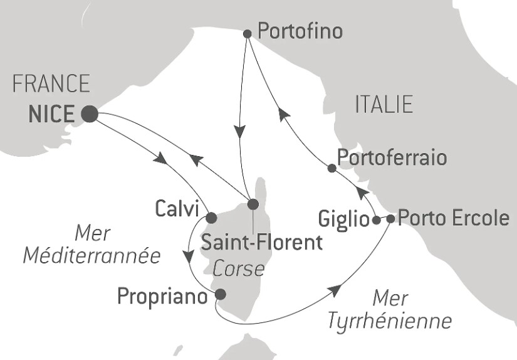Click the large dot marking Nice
coord(89,114)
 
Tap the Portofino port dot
coord(247,34)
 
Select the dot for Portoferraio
coord(332,167)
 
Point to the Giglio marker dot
coord(375,220)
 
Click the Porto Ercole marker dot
coord(390,219)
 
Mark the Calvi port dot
coord(211,218)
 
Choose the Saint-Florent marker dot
coord(253,204)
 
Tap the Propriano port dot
coord(220,294)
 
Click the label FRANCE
coord(51,84)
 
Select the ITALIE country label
coord(384,105)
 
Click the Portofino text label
coord(300,31)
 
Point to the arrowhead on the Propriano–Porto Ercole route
coord(336,290)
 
